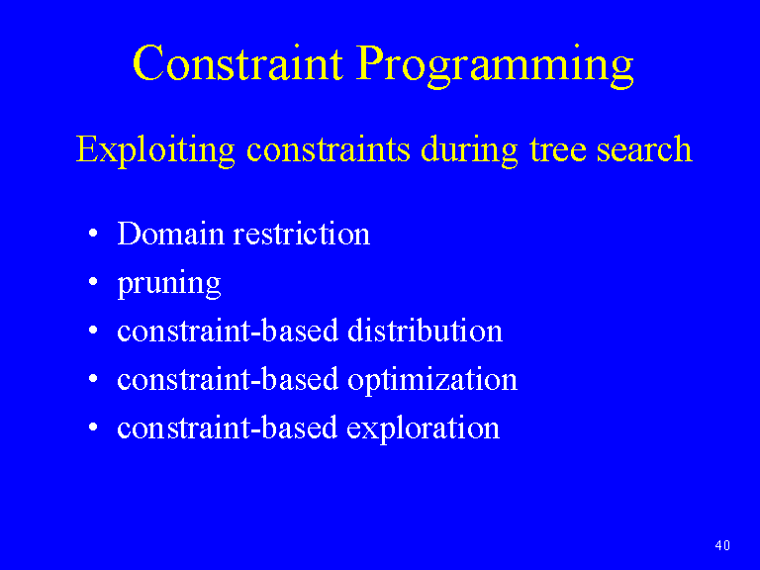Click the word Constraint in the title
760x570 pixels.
tap(237, 63)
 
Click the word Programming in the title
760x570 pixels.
tap(495, 66)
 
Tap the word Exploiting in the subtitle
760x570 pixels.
tap(155, 149)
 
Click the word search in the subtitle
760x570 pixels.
tap(644, 149)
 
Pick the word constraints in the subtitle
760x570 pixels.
tap(329, 149)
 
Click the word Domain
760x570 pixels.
tap(170, 234)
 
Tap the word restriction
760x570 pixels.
tap(302, 234)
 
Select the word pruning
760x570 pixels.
tap(169, 284)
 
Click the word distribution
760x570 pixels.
tap(426, 331)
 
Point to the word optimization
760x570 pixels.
tap(432, 380)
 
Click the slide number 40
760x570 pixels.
tap(722, 545)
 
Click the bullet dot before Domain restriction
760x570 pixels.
tap(94, 234)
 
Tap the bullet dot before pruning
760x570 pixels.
tap(94, 282)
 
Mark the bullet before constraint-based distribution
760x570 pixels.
tap(94, 331)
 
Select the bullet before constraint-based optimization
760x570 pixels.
tap(94, 379)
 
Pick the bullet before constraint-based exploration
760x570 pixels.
tap(94, 427)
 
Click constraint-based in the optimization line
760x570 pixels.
tap(228, 379)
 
